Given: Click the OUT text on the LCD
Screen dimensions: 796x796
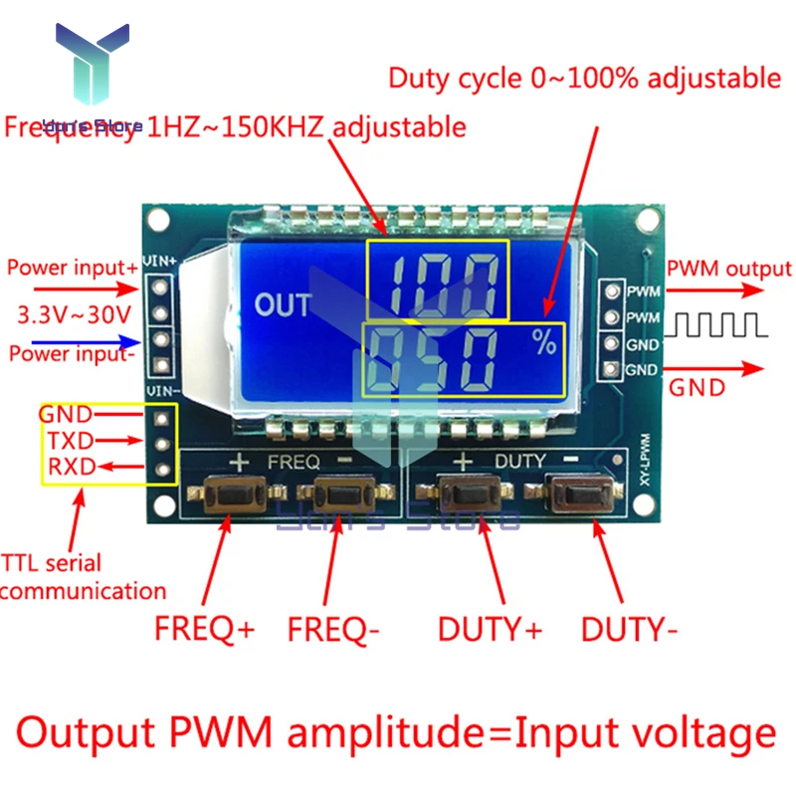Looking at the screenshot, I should point(284,304).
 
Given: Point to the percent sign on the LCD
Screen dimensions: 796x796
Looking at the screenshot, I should point(543,344).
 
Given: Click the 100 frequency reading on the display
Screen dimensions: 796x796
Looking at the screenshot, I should point(435,280).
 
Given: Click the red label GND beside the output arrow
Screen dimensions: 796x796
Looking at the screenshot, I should point(696,387).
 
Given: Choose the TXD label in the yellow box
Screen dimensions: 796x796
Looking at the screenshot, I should point(69,440).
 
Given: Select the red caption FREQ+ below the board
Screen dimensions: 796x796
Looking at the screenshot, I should point(204,629).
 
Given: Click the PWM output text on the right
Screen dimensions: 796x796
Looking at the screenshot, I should point(728,269).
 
